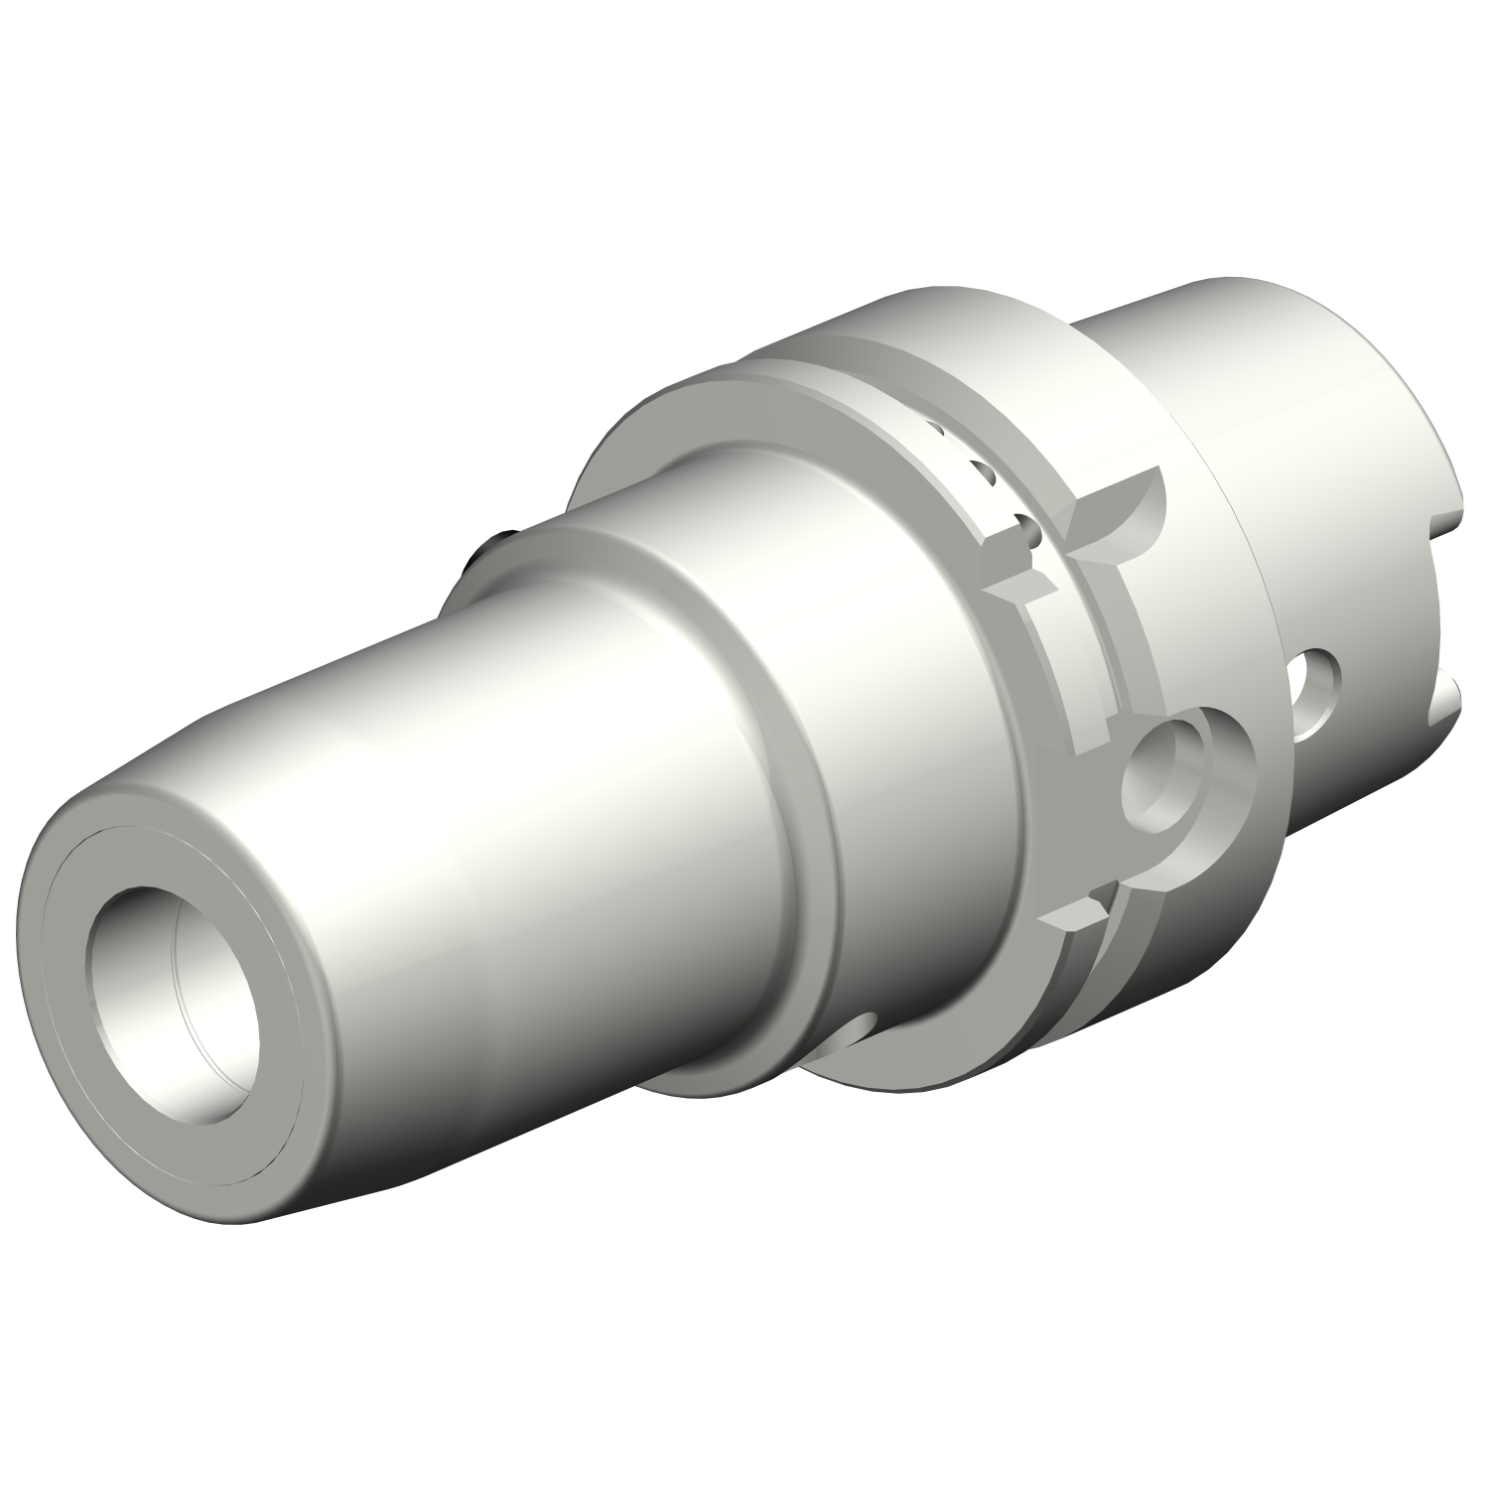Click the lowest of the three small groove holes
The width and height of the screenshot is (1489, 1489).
coord(1032,536)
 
